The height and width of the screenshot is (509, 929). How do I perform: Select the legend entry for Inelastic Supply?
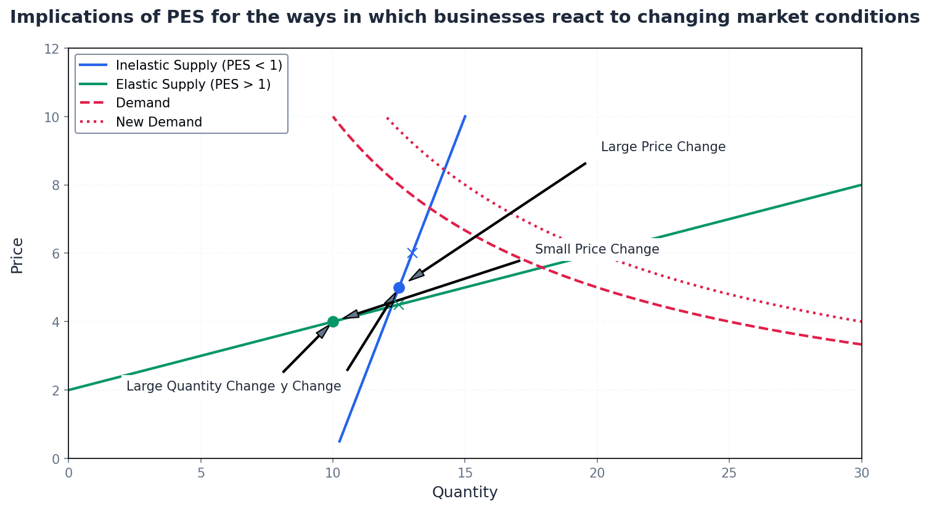click(198, 65)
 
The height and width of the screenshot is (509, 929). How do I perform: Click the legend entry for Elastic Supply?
click(193, 85)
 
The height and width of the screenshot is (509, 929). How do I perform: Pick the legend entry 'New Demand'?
click(158, 122)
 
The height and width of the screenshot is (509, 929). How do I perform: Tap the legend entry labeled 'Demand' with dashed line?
click(142, 103)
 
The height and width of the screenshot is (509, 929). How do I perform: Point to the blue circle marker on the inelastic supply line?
click(399, 288)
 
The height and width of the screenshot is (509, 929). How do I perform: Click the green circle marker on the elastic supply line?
click(333, 321)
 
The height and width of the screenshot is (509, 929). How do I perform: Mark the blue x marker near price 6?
click(412, 253)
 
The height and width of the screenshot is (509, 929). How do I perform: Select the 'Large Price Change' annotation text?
click(663, 147)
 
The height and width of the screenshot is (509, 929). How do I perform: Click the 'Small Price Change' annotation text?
click(597, 250)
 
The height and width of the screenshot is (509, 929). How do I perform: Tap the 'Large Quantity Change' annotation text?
click(200, 387)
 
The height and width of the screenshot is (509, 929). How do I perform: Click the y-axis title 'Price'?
click(17, 255)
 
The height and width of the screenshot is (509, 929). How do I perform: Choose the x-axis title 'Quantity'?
click(465, 492)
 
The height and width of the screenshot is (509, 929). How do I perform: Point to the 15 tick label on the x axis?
click(465, 473)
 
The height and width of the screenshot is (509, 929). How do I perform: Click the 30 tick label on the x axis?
click(861, 473)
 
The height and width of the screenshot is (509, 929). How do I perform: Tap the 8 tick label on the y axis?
click(55, 185)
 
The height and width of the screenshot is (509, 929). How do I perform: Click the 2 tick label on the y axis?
click(55, 391)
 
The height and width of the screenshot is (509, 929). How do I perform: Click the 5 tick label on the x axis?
click(200, 473)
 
